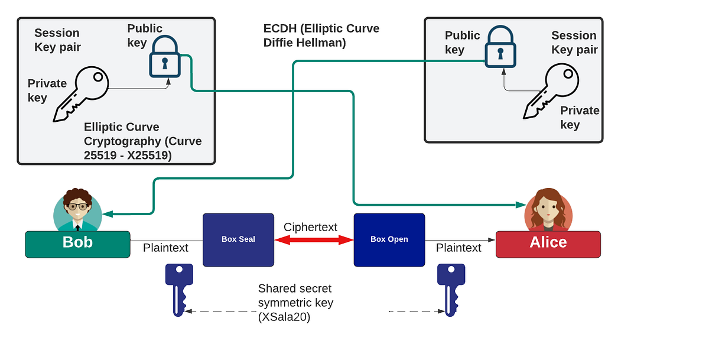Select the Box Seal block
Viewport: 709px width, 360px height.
pos(238,239)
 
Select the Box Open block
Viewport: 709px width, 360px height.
pos(389,239)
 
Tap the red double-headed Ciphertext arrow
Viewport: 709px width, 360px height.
pos(313,239)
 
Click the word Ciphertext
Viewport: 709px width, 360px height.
pos(310,227)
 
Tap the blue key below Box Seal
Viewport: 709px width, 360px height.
pos(178,288)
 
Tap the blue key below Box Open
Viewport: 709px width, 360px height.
pos(450,288)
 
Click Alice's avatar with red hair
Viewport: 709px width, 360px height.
pos(548,210)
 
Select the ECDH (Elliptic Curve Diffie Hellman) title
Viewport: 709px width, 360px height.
pos(321,35)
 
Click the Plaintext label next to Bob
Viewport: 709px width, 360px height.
pos(165,248)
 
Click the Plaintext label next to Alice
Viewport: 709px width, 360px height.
pos(458,248)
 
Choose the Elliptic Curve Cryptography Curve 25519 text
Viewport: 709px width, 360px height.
pos(142,141)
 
